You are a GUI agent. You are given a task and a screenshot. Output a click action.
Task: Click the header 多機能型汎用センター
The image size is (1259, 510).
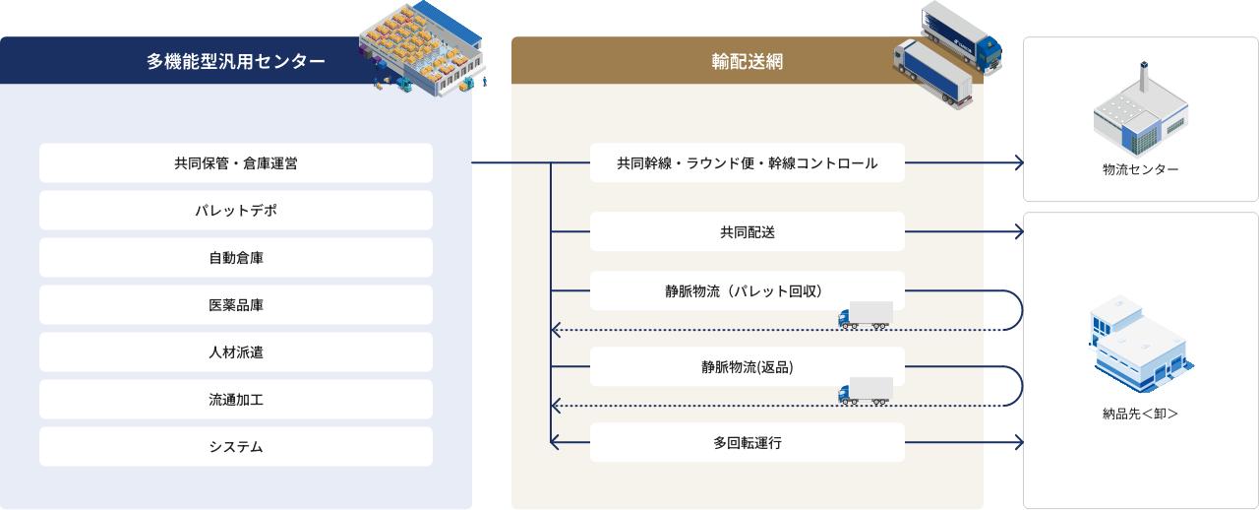tap(236, 61)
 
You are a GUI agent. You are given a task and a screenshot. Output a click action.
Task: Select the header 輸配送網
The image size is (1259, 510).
tap(748, 61)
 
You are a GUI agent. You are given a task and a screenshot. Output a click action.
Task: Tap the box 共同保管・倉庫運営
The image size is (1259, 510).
tap(236, 163)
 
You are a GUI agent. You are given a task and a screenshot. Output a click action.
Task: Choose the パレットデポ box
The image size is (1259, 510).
tap(236, 211)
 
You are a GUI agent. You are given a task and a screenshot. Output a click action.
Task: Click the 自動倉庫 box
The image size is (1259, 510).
tap(236, 258)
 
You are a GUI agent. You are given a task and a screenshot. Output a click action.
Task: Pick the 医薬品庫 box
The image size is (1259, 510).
tap(236, 305)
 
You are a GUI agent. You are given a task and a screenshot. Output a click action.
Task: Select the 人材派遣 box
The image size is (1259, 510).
tap(236, 352)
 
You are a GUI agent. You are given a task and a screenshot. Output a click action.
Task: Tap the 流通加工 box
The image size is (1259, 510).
tap(236, 400)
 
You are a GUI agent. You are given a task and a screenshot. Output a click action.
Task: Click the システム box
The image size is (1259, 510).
tap(236, 447)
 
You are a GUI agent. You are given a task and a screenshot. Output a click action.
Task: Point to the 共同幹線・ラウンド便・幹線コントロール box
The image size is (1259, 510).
tap(748, 163)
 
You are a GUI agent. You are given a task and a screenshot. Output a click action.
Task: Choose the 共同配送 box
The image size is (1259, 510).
tap(748, 232)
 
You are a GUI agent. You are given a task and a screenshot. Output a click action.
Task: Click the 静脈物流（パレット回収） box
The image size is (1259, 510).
tap(748, 291)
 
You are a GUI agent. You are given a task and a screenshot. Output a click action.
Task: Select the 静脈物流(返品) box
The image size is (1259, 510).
tap(748, 367)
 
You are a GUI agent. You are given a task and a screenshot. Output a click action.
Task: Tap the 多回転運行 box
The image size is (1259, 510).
tap(748, 443)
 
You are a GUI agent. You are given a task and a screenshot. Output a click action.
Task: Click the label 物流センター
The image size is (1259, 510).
tap(1140, 170)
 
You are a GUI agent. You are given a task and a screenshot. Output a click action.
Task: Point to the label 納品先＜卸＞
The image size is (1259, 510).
tap(1140, 414)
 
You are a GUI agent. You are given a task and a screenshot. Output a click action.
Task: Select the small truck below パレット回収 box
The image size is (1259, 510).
tap(866, 315)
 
